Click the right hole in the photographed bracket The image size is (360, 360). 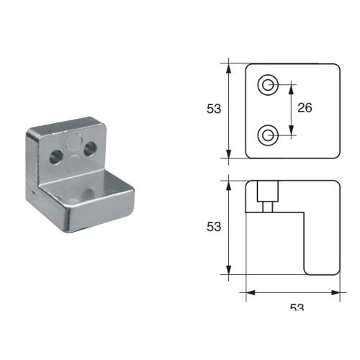coord(91,148)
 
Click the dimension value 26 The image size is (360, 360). coord(304,108)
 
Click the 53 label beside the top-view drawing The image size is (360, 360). coord(212,109)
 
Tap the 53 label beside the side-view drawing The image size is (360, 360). coord(212,226)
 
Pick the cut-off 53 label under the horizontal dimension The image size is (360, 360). coord(297,307)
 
